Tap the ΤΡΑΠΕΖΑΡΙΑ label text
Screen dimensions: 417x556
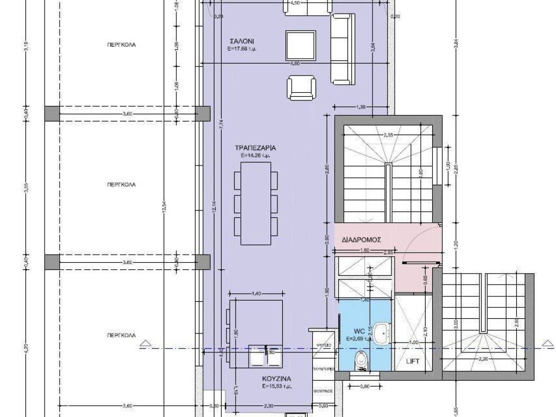coord(256,148)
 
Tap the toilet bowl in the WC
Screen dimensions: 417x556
coord(362,359)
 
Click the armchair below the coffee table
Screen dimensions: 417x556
coord(301,87)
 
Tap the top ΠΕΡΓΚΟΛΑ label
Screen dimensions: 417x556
coord(121,45)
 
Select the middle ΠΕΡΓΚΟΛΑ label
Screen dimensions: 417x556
coord(121,185)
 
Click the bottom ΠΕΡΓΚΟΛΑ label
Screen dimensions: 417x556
coord(121,336)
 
